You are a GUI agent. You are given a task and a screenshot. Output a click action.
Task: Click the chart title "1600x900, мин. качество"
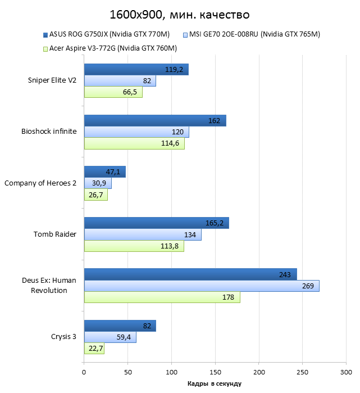pyautogui.click(x=180, y=13)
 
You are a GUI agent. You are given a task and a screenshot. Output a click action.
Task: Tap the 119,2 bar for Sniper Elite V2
pyautogui.click(x=136, y=69)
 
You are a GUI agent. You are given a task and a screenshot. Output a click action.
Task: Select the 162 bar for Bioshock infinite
pyautogui.click(x=155, y=120)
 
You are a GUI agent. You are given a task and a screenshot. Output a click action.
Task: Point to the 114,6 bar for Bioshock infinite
pyautogui.click(x=134, y=143)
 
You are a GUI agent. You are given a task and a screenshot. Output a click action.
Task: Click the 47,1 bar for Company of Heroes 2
pyautogui.click(x=104, y=171)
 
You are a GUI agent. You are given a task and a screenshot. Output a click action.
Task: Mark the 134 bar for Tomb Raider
pyautogui.click(x=143, y=234)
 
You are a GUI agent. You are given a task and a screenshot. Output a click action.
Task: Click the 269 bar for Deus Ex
pyautogui.click(x=202, y=286)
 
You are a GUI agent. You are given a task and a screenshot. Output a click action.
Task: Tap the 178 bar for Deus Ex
pyautogui.click(x=162, y=297)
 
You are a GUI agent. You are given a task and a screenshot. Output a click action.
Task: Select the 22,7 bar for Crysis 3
pyautogui.click(x=94, y=349)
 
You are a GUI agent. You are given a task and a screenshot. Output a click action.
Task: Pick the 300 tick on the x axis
pyautogui.click(x=347, y=372)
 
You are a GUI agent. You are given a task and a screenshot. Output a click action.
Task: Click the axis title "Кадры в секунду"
pyautogui.click(x=215, y=383)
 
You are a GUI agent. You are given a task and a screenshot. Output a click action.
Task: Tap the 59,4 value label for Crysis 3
pyautogui.click(x=124, y=337)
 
